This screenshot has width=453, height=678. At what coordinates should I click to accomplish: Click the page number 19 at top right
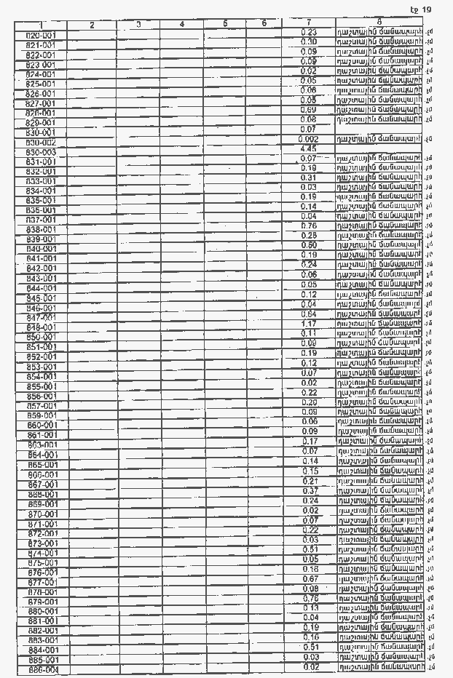click(x=426, y=9)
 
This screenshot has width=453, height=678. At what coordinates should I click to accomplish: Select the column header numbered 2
click(x=92, y=25)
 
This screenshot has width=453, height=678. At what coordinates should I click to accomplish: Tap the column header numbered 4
click(x=182, y=25)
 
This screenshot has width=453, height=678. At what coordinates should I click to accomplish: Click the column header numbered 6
click(x=264, y=24)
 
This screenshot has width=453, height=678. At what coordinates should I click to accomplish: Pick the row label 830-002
click(x=41, y=143)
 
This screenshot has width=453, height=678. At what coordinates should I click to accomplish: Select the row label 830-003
click(x=41, y=152)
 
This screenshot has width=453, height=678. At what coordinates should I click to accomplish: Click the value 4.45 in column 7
click(x=307, y=148)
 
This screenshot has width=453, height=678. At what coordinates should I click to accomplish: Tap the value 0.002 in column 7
click(x=309, y=139)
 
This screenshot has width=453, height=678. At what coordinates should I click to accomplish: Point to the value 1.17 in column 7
click(x=308, y=324)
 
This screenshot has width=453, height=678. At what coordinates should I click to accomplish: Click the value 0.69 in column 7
click(x=308, y=109)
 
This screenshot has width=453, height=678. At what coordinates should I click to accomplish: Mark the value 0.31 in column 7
click(x=308, y=178)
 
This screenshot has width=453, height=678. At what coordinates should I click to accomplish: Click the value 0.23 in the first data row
click(x=308, y=33)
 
